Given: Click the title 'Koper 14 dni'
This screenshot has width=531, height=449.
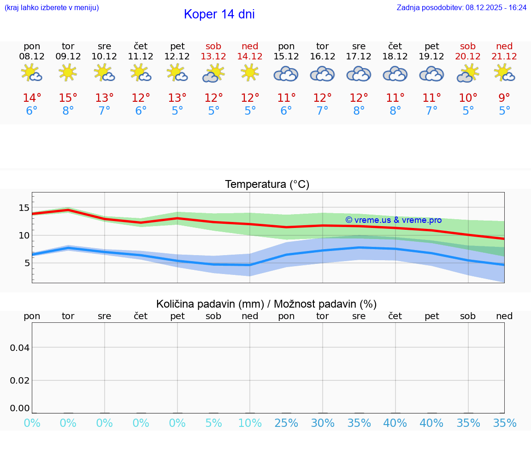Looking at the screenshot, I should pyautogui.click(x=219, y=14).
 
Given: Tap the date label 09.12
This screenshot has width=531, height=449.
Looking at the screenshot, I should pyautogui.click(x=68, y=57).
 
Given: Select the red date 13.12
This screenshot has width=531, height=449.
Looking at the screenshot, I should pyautogui.click(x=213, y=57).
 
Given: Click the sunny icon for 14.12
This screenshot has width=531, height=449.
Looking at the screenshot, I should pyautogui.click(x=250, y=73).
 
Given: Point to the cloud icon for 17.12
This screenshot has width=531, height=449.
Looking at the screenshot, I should pyautogui.click(x=359, y=74).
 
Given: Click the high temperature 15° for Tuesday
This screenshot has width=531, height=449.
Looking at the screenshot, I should pyautogui.click(x=68, y=98).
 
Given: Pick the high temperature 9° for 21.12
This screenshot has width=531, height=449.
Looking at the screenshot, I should pyautogui.click(x=504, y=98).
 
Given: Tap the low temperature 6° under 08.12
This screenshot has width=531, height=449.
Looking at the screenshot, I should pyautogui.click(x=32, y=111).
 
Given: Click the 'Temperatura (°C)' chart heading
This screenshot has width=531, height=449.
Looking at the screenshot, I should pyautogui.click(x=267, y=185).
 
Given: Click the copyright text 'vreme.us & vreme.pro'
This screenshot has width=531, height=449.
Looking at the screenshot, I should pyautogui.click(x=394, y=220).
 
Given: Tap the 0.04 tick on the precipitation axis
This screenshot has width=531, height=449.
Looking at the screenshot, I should pyautogui.click(x=20, y=348).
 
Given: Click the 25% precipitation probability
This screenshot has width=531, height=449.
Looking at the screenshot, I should pyautogui.click(x=286, y=423).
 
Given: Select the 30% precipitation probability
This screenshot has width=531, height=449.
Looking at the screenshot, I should pyautogui.click(x=323, y=423).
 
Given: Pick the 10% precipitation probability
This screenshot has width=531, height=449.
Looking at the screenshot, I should pyautogui.click(x=250, y=423).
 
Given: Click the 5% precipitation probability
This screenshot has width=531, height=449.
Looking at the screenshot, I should pyautogui.click(x=213, y=423).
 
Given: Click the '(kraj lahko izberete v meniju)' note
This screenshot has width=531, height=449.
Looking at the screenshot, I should pyautogui.click(x=52, y=7).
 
